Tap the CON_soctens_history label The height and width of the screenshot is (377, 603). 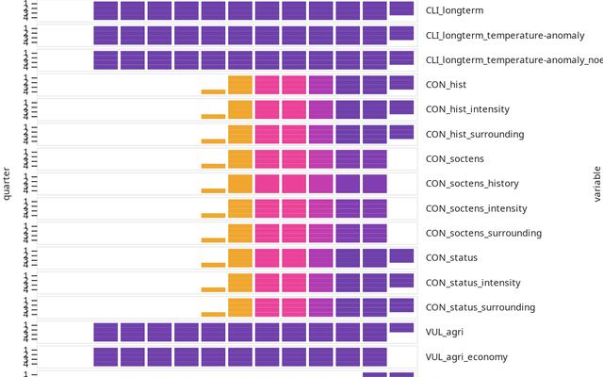471,184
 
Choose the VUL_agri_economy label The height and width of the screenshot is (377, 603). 466,357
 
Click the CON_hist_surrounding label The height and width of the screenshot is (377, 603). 475,134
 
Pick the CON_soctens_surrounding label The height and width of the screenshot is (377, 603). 483,233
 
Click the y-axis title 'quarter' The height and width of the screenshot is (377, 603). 7,184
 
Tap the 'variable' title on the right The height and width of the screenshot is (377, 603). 596,184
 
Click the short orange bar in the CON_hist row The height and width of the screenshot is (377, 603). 213,91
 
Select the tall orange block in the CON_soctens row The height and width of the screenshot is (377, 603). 240,158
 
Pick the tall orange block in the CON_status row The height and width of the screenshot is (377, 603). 240,257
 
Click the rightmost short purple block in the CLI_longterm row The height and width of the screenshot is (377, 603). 401,8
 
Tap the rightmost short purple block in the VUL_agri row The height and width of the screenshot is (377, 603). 401,328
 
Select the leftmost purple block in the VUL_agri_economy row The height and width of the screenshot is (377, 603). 106,356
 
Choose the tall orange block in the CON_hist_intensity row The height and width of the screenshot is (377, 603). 240,108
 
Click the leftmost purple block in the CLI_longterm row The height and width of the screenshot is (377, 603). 106,11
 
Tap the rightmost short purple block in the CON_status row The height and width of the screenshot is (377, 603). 401,255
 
